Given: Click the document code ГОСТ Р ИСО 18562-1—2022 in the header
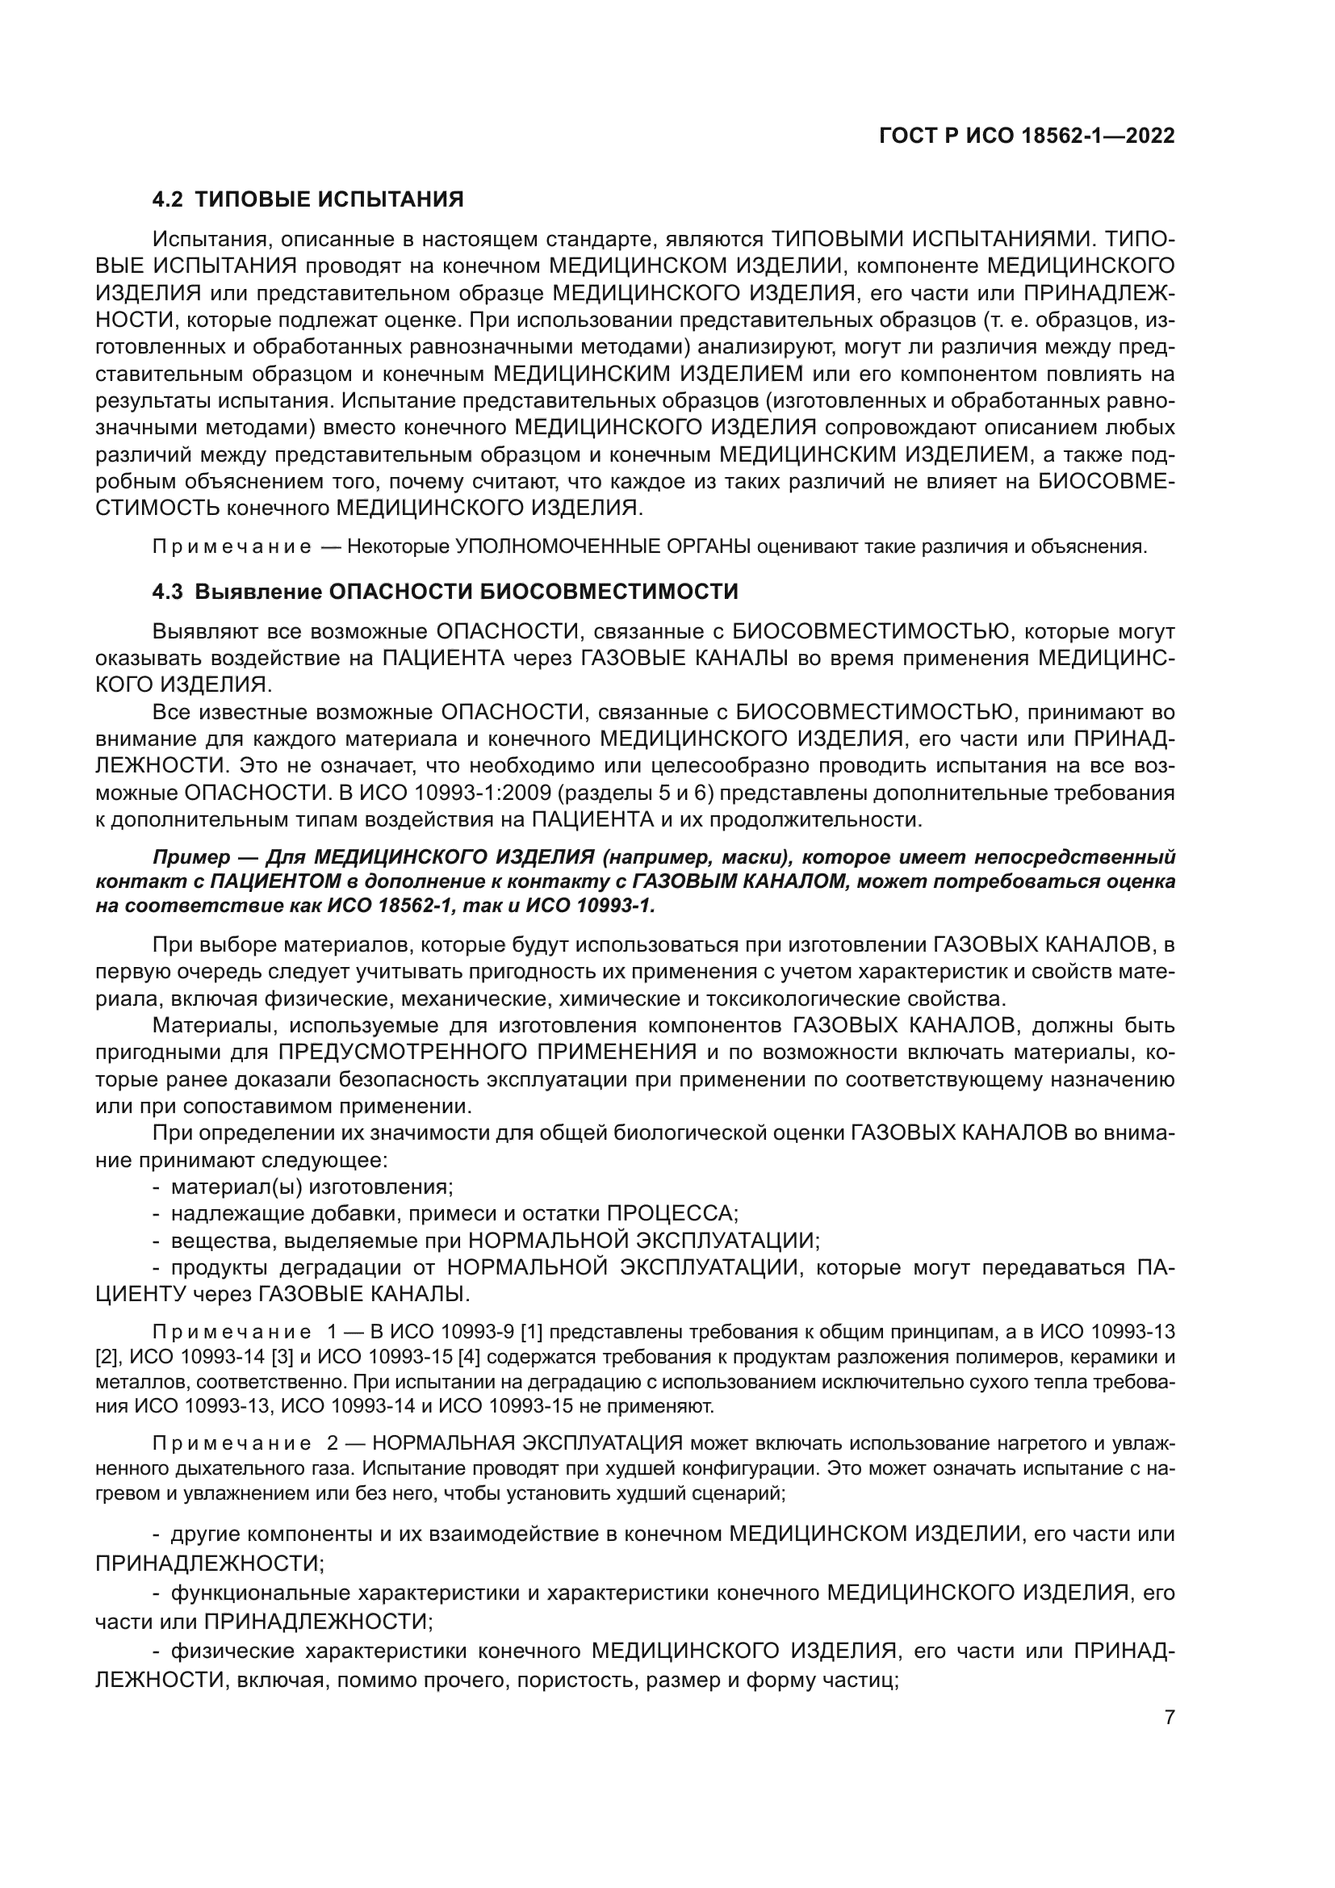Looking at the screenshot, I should point(1027,136).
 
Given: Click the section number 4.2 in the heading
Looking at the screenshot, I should point(169,199).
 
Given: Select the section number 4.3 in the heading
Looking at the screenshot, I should point(169,591).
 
